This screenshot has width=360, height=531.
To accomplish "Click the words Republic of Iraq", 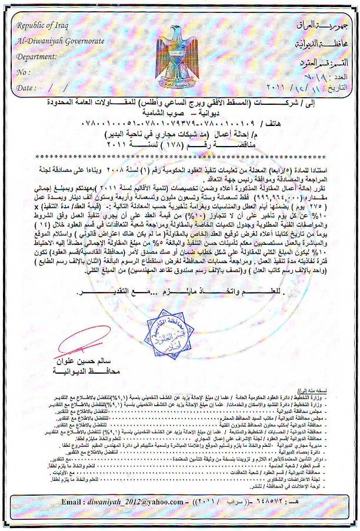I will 42,25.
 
